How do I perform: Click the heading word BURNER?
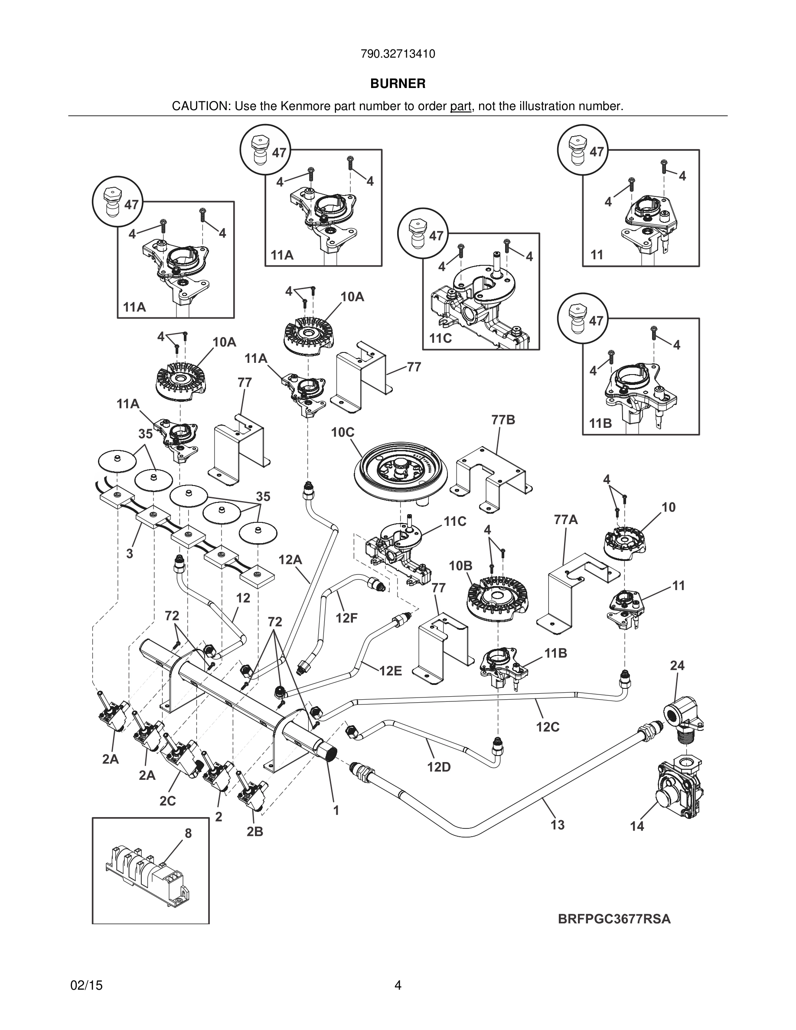398,84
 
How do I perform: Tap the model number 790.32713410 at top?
398,54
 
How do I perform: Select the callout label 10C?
343,433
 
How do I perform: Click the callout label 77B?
503,420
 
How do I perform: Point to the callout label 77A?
566,520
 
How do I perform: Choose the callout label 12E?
391,671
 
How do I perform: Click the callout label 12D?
439,767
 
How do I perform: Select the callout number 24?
677,665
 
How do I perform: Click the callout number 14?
637,826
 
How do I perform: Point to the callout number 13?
558,825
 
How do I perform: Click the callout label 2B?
254,832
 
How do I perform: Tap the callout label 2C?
167,801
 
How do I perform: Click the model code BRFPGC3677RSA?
614,919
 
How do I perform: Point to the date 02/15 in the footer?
86,985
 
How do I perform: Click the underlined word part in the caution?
461,106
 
